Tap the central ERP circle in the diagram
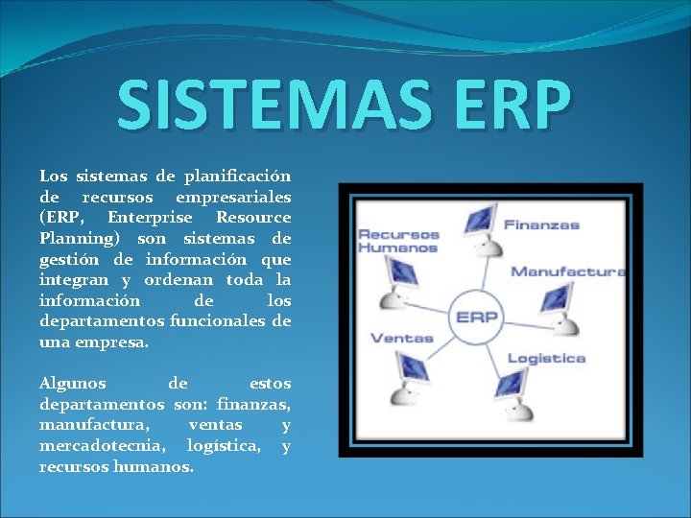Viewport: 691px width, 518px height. click(476, 318)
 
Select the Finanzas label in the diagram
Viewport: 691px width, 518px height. click(541, 225)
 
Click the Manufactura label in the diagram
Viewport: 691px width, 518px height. click(567, 271)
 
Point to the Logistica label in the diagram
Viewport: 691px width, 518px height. click(545, 358)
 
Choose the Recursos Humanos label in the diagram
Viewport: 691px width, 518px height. click(398, 241)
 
